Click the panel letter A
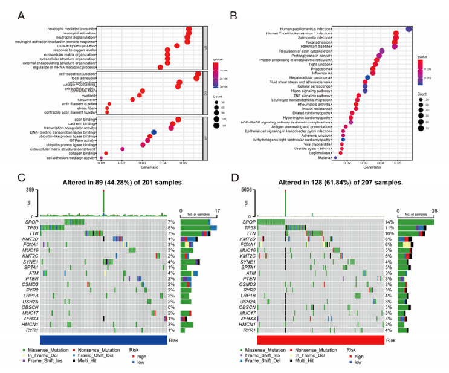tap(22, 13)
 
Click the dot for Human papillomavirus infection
tap(409, 28)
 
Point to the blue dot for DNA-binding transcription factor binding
tap(154, 132)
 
